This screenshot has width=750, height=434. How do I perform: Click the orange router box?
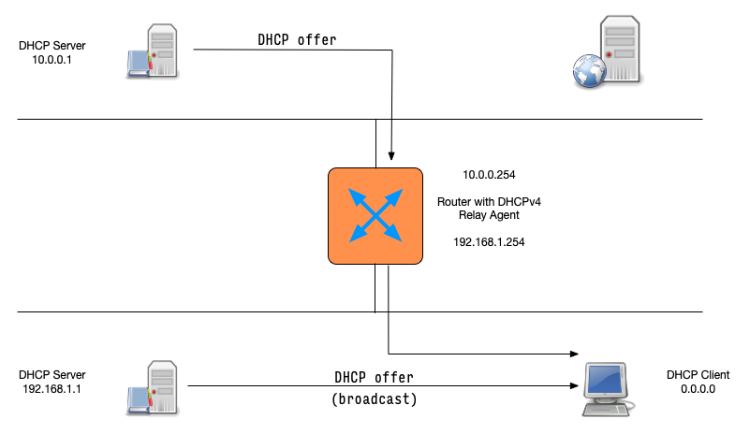374,216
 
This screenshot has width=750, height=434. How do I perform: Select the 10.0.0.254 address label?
489,174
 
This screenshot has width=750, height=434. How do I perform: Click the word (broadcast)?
375,399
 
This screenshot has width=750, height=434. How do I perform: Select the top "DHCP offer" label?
297,39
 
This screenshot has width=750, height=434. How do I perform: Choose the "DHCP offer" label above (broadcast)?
375,377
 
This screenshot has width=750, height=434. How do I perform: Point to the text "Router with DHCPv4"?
489,201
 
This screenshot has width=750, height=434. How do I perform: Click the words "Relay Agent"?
489,214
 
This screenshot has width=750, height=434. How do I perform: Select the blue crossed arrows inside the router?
374,214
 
